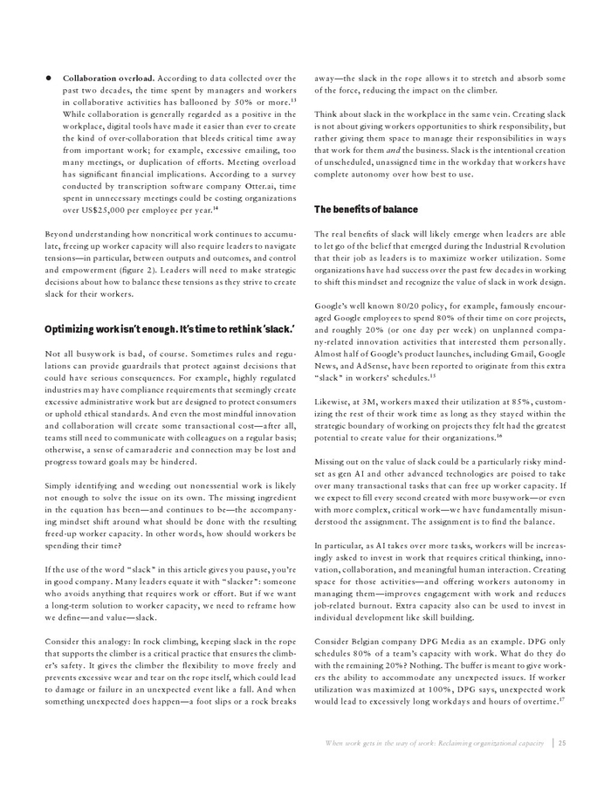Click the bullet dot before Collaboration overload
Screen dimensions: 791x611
tap(49, 78)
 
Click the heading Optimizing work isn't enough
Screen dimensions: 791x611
tap(101, 327)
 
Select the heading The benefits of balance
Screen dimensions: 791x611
tap(366, 210)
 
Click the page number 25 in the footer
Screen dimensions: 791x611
tap(563, 743)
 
